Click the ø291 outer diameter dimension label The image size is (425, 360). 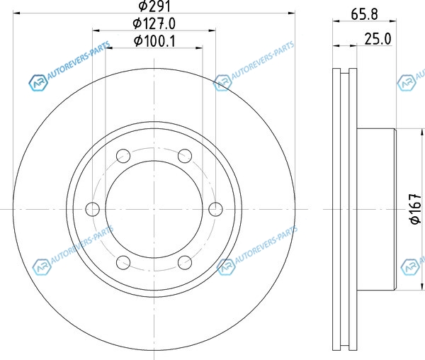coord(154,6)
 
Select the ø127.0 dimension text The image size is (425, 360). coord(154,23)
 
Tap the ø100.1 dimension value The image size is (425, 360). coord(154,41)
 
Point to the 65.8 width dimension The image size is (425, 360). coord(364,14)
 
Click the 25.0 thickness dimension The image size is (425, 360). coord(378,39)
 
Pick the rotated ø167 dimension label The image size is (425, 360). coord(416,209)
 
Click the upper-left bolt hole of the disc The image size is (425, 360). coord(123,156)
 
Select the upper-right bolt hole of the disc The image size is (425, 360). coord(185,156)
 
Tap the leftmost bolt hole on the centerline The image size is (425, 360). coord(92,209)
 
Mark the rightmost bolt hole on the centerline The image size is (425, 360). coord(215,209)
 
